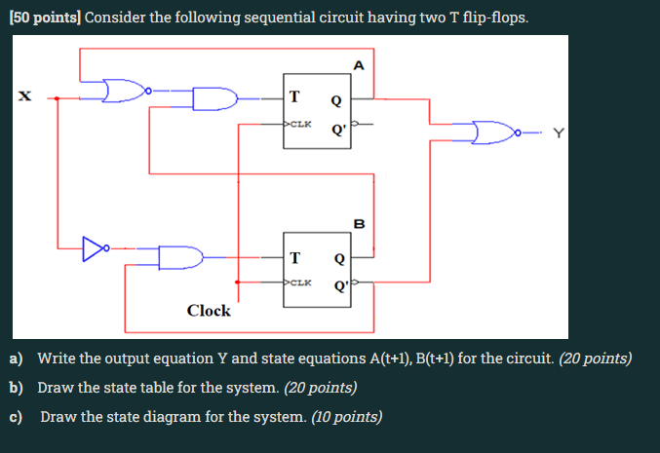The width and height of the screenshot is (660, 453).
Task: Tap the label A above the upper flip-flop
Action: tap(359, 66)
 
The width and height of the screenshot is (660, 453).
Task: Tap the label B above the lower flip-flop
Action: tap(359, 224)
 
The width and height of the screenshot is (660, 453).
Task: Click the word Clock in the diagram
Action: tap(209, 311)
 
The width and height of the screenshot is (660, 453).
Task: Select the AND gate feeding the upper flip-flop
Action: tap(215, 99)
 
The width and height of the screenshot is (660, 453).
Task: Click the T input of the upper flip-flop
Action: tap(294, 95)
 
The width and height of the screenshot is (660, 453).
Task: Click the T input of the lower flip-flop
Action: tap(294, 258)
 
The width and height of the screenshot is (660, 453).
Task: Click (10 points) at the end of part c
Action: tap(346, 417)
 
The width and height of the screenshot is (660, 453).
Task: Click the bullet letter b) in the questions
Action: tap(17, 388)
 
